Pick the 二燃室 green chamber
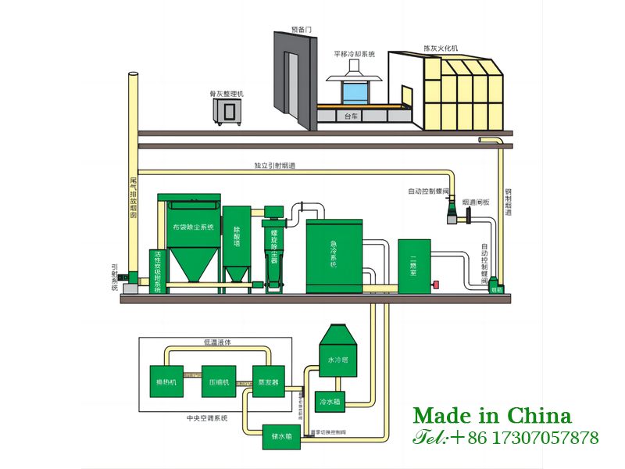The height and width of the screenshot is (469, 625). coord(414,266)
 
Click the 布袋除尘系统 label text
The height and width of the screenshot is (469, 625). coord(191,227)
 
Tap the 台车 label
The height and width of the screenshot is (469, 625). coord(352,116)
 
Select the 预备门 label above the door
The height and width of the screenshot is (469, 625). coord(301,29)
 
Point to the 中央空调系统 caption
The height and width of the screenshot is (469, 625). coord(207,418)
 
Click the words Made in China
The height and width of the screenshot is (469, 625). coord(492,416)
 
